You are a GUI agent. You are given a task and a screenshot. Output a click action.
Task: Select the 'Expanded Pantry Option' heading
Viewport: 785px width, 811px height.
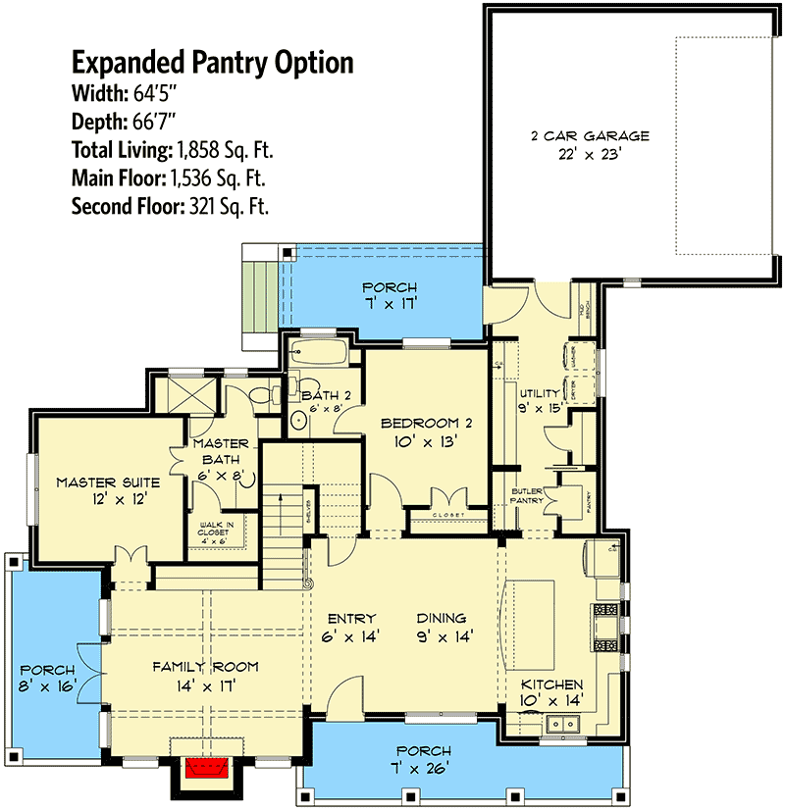[x=212, y=64]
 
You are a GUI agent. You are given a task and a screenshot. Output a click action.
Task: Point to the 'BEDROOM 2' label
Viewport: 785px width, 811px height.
[x=427, y=423]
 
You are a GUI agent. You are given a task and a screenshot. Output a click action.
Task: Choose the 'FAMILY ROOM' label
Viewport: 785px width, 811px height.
[x=205, y=667]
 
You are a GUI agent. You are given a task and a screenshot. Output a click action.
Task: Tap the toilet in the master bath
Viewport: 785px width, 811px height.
[x=261, y=395]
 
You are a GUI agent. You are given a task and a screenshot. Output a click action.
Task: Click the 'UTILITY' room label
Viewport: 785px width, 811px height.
[x=539, y=393]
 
